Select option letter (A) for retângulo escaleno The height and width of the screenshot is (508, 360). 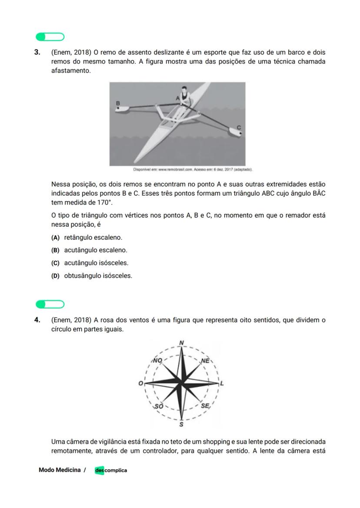(55, 238)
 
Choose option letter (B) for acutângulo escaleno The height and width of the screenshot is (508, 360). (55, 250)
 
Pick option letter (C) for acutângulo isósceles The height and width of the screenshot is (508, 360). (55, 263)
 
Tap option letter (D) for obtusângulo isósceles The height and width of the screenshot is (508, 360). (55, 276)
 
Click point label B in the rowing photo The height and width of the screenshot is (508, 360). (117, 103)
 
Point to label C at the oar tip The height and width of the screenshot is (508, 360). (239, 128)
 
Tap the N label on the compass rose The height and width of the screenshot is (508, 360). (182, 343)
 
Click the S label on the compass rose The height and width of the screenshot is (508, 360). (181, 424)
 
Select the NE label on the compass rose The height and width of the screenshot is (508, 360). (205, 361)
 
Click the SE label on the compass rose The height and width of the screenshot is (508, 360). (205, 406)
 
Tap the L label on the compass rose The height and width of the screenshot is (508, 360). (222, 383)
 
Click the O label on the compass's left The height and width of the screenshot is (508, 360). (140, 383)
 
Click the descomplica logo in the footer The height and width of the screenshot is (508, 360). (111, 470)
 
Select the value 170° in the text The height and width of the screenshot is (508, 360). (104, 203)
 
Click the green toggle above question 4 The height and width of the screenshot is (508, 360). (50, 304)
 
